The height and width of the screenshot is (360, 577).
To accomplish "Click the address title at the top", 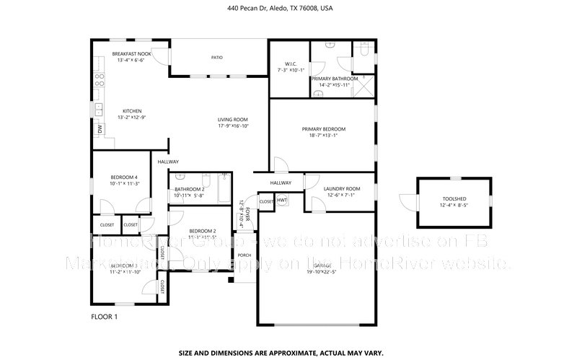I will click(288, 9).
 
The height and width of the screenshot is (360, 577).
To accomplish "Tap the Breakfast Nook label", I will click(131, 54).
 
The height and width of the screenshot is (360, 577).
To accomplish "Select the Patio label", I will click(216, 56).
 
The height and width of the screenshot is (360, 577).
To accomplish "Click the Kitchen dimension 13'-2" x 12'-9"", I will click(131, 117).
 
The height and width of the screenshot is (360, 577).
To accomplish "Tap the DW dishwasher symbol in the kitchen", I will click(100, 129).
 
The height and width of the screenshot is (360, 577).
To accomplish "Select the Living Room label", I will click(233, 119).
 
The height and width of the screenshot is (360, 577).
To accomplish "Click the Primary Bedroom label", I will click(320, 128).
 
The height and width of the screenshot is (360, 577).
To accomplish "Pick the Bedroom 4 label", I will click(123, 177).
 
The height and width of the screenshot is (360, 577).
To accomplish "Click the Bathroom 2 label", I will click(190, 189).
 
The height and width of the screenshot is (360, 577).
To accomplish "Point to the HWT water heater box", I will click(282, 200).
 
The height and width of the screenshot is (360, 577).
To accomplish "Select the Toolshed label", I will click(454, 198).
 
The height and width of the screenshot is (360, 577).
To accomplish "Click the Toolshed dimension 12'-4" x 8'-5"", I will click(454, 205).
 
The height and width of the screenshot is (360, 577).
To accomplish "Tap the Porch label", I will click(245, 255).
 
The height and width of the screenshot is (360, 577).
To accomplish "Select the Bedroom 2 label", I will click(203, 231).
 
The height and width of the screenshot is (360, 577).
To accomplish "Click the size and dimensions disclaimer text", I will click(288, 353).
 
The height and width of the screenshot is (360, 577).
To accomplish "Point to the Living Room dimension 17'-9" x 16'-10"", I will click(233, 126).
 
